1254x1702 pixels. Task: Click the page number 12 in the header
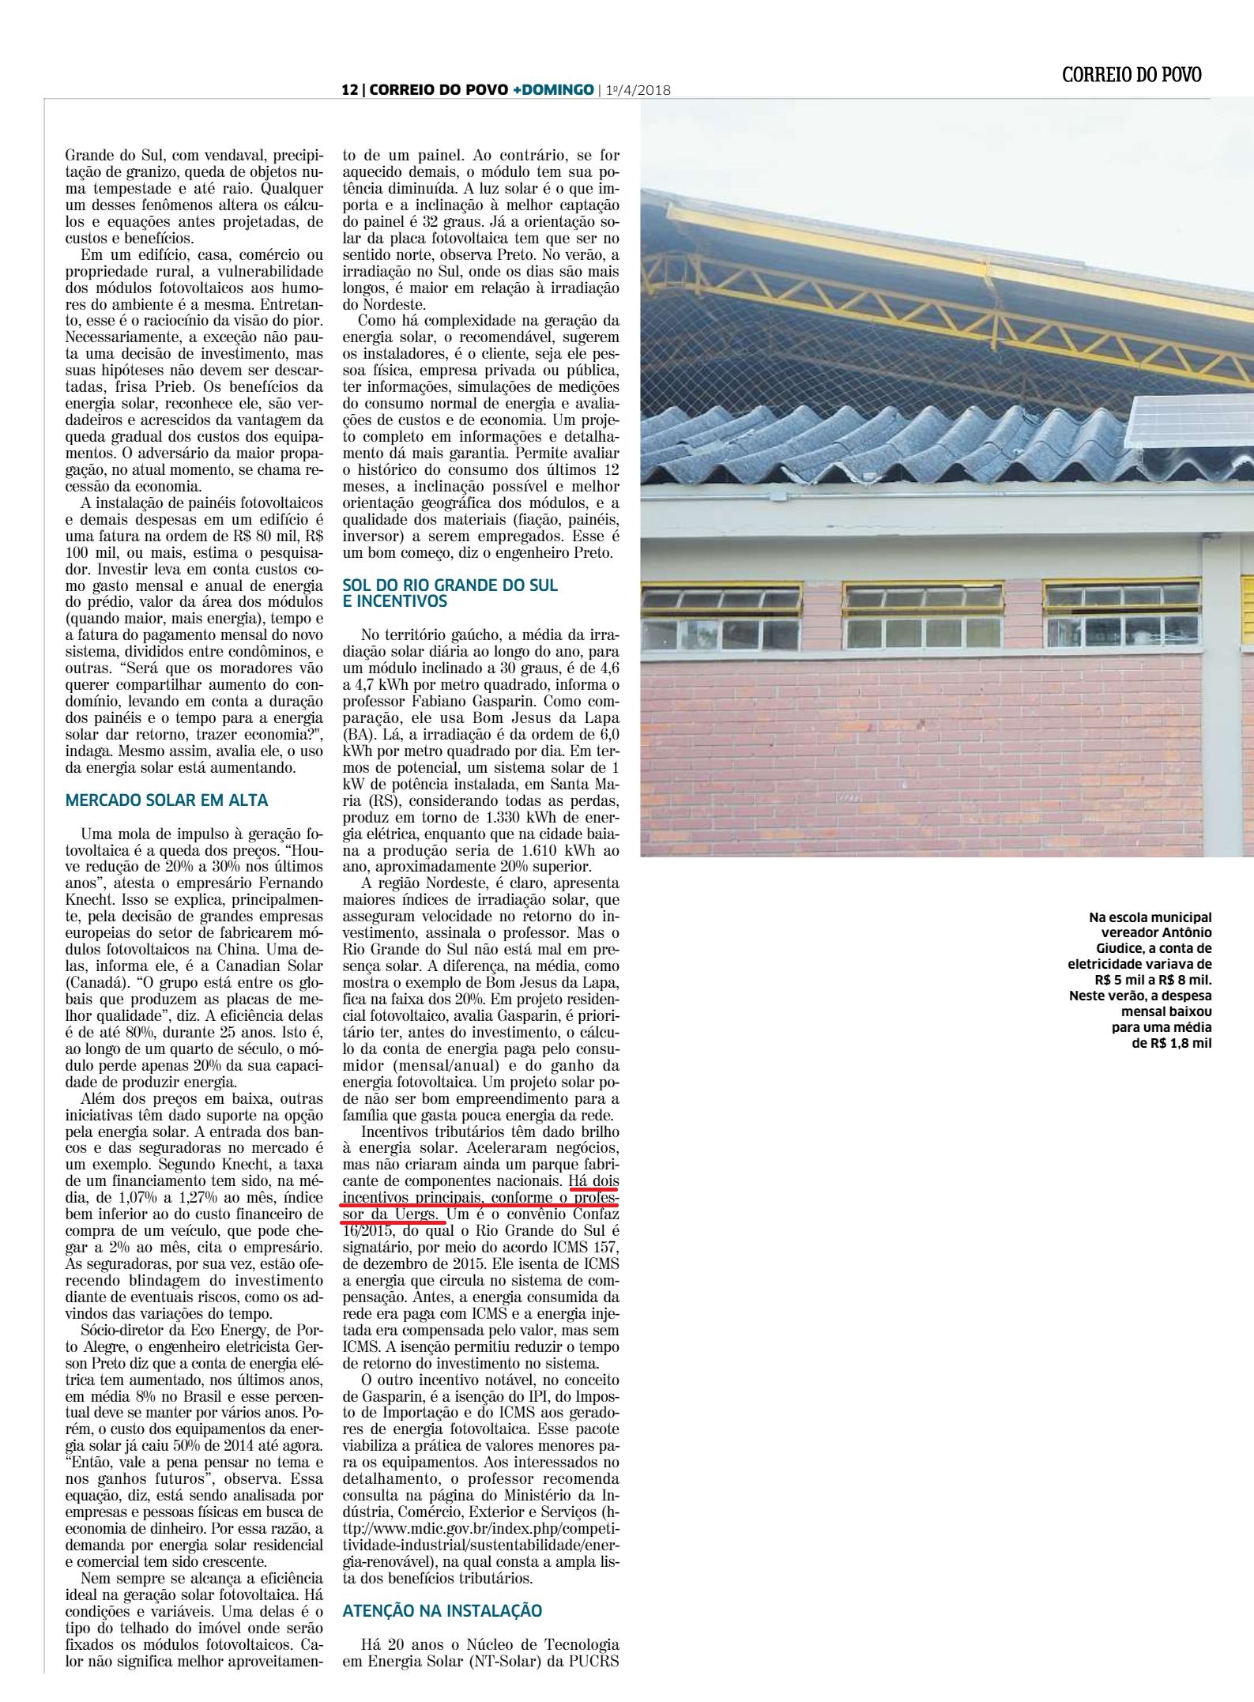click(x=348, y=90)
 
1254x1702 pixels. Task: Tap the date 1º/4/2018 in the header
click(x=638, y=91)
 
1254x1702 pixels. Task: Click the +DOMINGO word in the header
click(x=553, y=90)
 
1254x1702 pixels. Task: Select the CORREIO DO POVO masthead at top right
click(x=1132, y=75)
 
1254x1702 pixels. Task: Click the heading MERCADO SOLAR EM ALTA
click(x=167, y=800)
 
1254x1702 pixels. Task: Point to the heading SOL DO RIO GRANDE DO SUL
click(x=450, y=586)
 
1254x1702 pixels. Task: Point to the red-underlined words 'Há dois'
click(x=594, y=1201)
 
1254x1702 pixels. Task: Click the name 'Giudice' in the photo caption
click(x=1185, y=948)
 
